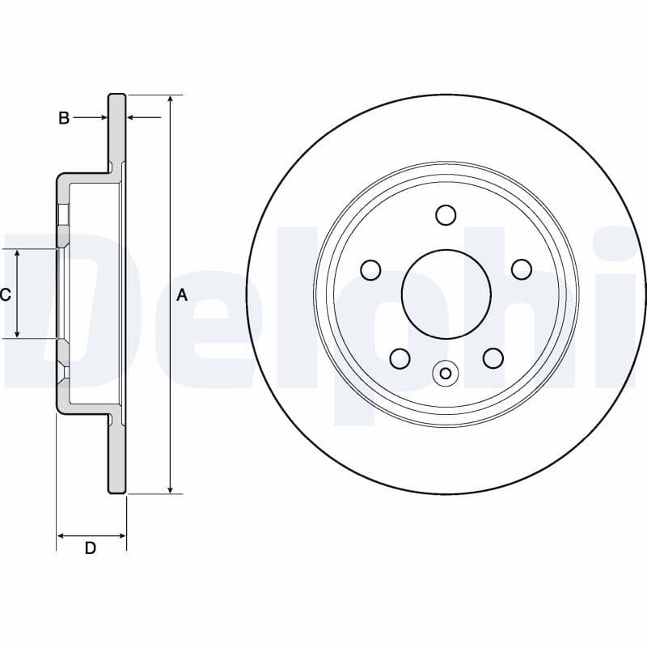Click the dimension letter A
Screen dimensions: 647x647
(x=182, y=295)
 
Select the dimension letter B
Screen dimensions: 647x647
(x=64, y=118)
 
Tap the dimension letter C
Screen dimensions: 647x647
(x=6, y=295)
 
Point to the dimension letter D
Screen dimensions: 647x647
(x=91, y=548)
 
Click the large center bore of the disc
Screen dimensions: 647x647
(x=446, y=292)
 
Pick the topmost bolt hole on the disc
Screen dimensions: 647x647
(x=446, y=214)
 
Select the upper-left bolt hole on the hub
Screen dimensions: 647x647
(x=370, y=269)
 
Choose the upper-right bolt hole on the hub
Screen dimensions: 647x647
(x=522, y=269)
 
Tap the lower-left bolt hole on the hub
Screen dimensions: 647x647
(x=400, y=357)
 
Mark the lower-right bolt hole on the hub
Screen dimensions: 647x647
(x=493, y=357)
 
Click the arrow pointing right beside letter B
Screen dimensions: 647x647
(x=102, y=118)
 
